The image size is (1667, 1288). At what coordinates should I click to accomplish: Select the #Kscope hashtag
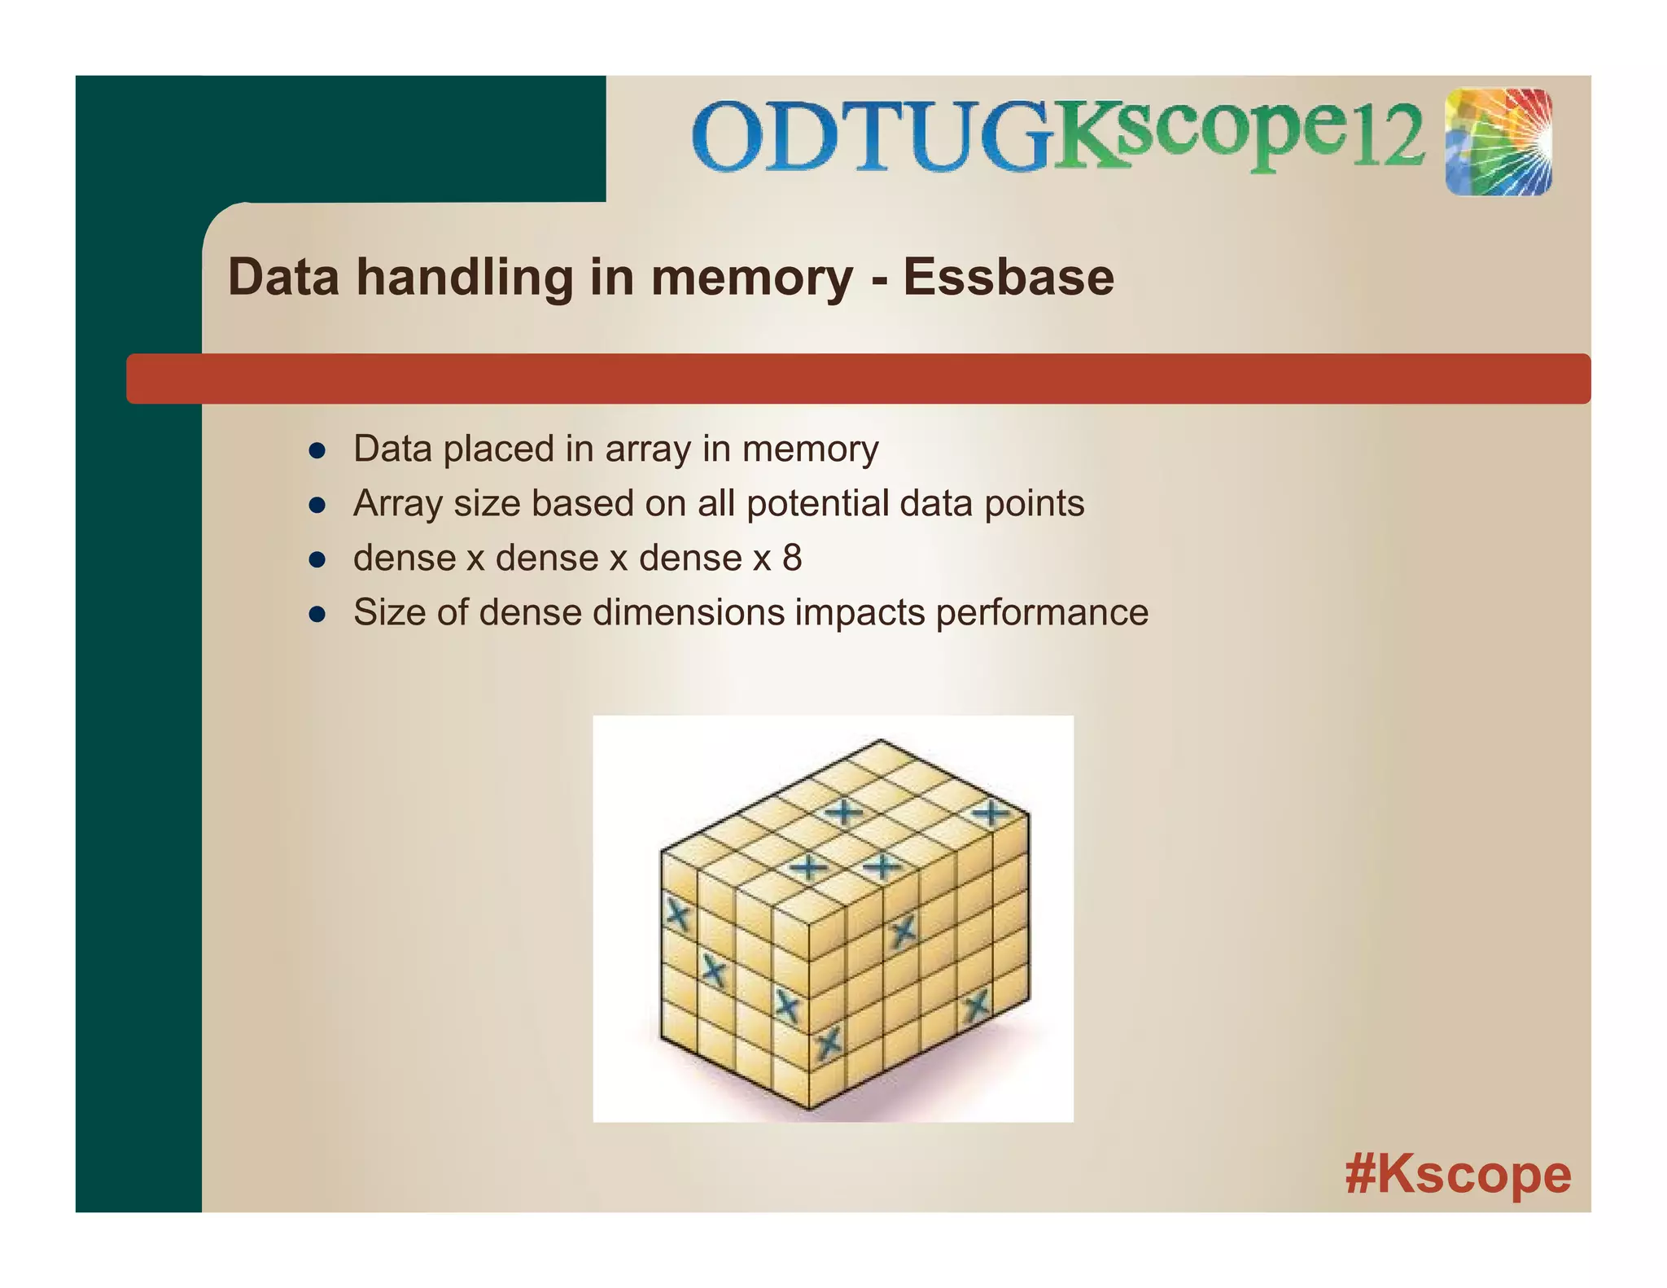click(1458, 1173)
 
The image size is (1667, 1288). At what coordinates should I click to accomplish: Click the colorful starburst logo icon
click(1499, 142)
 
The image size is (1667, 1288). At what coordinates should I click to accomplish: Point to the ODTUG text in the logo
click(871, 137)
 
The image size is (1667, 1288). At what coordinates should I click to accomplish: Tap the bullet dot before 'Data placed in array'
click(317, 451)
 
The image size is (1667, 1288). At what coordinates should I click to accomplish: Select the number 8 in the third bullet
click(792, 558)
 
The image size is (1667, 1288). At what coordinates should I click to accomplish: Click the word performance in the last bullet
click(1042, 612)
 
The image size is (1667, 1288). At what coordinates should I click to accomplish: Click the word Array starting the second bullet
click(397, 503)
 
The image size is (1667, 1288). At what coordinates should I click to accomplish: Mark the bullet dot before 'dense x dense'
click(317, 560)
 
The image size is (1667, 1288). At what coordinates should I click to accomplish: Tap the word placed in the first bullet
click(499, 449)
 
